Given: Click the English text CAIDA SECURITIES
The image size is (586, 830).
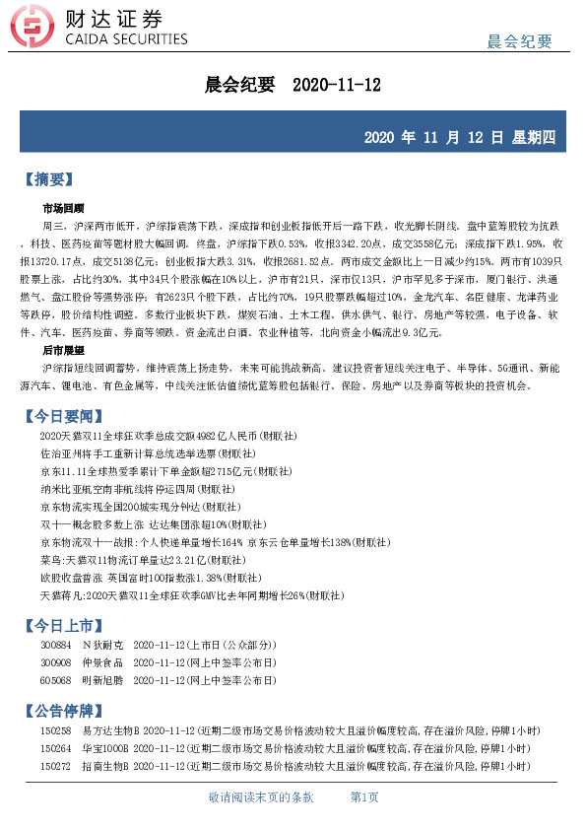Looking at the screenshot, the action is pos(125,40).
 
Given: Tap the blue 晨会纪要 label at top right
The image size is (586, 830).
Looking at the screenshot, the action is pos(519,41).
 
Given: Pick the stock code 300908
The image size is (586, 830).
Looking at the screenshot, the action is pos(55,662).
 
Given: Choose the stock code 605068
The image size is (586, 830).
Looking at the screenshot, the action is pos(55,680).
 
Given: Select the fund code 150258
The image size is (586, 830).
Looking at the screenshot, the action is pos(55,730).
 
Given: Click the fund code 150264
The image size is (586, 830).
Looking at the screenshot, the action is pos(55,747).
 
